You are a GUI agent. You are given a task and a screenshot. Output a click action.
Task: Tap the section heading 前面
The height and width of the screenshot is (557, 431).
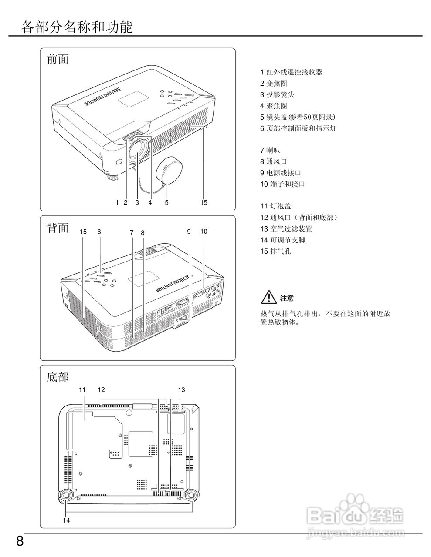point(58,59)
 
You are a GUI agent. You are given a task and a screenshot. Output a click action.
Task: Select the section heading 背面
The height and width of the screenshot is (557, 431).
point(58,228)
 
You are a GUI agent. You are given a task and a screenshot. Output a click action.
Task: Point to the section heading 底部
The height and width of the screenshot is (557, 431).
point(58,377)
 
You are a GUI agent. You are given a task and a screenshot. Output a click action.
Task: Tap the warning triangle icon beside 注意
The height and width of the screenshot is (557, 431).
point(269,298)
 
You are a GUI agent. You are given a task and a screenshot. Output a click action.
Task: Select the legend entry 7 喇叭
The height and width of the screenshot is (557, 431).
point(270,150)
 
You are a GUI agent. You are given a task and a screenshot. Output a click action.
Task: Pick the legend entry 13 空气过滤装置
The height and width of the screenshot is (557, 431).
point(286,228)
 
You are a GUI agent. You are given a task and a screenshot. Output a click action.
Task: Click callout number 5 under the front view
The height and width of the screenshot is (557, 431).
point(166,202)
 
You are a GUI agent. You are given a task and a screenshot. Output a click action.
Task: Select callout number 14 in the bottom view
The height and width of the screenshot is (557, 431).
point(66,520)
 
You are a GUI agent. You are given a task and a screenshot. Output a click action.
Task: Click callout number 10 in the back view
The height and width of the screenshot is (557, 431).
point(204,232)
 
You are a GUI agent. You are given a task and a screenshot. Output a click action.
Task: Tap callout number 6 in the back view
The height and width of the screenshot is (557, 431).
point(99,232)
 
